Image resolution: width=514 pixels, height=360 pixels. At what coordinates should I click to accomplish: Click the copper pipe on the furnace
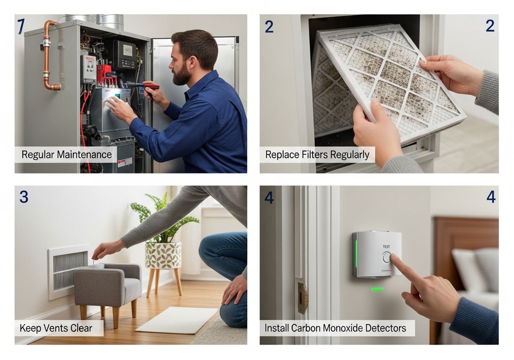click(47, 55)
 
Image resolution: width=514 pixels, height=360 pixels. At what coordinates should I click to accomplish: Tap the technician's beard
click(181, 73)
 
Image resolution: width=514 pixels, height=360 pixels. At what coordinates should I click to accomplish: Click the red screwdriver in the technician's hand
click(143, 86)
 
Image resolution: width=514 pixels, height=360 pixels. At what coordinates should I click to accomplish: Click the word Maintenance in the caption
click(84, 155)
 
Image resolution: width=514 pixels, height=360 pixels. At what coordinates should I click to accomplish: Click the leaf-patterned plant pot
click(163, 255)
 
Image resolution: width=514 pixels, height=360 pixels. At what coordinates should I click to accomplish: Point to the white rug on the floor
click(176, 320)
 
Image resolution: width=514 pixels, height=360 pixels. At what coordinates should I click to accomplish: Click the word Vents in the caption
click(56, 328)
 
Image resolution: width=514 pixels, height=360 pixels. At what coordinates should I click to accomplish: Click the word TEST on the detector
click(386, 246)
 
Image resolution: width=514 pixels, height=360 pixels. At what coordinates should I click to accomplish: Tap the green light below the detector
click(377, 289)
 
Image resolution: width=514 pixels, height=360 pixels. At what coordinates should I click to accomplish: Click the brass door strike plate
click(303, 298)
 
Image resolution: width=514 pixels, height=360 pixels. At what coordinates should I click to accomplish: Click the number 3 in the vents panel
click(24, 197)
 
